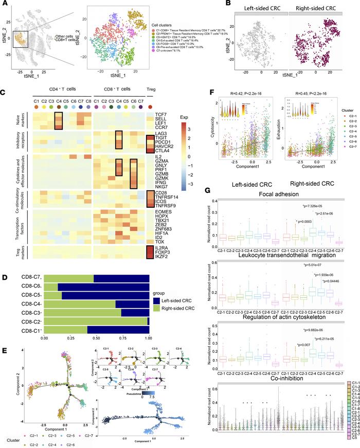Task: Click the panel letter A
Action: pyautogui.click(x=4, y=4)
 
